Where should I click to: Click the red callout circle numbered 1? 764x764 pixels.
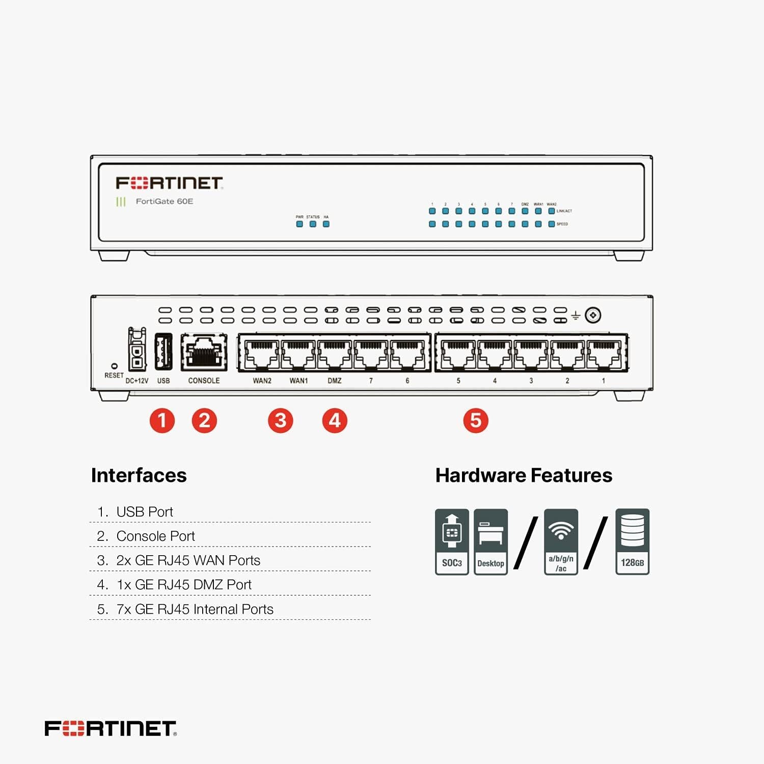point(162,421)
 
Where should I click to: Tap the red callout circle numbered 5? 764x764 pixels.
point(476,421)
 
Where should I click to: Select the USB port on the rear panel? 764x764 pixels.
point(163,352)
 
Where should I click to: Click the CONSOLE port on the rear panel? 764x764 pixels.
point(204,352)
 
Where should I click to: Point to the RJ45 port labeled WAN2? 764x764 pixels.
point(262,354)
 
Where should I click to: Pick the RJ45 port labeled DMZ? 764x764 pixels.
point(335,354)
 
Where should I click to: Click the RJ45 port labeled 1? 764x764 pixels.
point(604,354)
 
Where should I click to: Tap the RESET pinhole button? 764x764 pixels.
point(114,366)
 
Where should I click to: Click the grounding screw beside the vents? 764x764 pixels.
point(592,315)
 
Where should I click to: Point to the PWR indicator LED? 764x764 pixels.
point(299,224)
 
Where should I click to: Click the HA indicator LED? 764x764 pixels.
point(326,224)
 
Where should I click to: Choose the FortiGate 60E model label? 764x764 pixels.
point(164,201)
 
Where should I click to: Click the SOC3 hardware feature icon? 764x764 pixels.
point(452,541)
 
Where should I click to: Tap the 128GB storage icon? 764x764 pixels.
point(632,541)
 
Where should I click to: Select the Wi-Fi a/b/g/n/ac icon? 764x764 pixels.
point(561,541)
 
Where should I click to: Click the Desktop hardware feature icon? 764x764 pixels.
point(490,541)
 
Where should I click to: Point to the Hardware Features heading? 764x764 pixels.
point(524,475)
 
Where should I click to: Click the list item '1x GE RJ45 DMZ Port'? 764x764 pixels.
point(184,585)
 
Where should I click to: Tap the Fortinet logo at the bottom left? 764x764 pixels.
point(111,728)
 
